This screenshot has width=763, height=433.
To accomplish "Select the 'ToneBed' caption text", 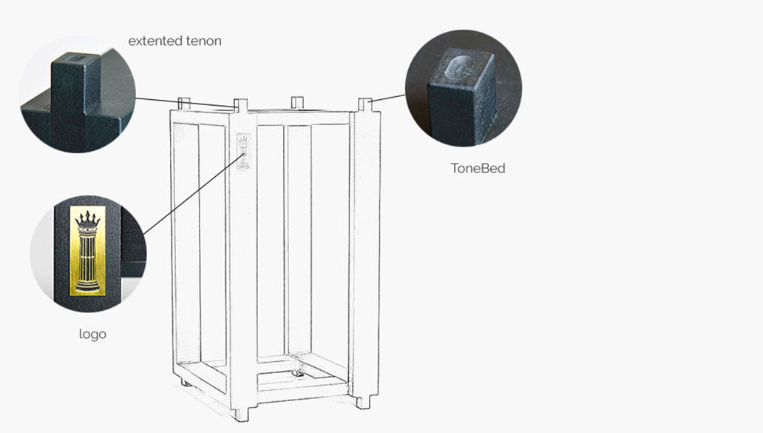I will [x=478, y=168].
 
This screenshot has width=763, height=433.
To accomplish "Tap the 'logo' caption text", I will [x=92, y=334].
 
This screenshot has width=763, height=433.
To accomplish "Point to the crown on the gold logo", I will [x=87, y=219].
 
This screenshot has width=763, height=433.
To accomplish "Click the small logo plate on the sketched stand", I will [x=243, y=151].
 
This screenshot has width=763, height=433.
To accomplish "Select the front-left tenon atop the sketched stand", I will [x=241, y=104].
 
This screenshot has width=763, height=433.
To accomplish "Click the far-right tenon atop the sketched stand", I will [x=364, y=104].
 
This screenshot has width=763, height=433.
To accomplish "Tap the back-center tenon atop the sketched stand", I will [x=297, y=101].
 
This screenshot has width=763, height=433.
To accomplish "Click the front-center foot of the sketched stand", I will [x=240, y=414].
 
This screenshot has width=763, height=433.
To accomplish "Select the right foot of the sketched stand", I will [x=362, y=402].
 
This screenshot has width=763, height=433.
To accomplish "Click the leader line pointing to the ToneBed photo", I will [x=388, y=98].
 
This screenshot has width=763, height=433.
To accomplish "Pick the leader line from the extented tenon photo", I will [x=185, y=102].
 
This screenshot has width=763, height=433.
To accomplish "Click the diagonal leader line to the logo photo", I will [x=192, y=192].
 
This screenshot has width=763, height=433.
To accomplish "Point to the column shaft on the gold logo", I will [x=87, y=255].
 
